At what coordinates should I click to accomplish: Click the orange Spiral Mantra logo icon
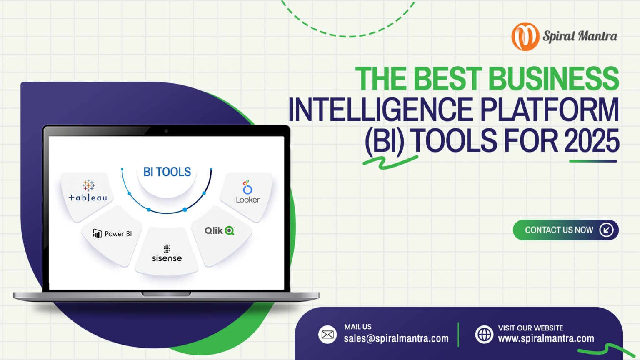click(525, 37)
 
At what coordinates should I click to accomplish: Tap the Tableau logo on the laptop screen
click(88, 191)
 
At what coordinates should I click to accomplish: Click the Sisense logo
click(167, 253)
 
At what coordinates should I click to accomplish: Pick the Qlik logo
click(220, 230)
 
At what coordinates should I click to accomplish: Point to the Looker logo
click(247, 192)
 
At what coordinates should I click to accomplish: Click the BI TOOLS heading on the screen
click(167, 172)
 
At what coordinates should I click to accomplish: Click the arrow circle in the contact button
click(606, 230)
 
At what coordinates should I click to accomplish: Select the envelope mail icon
click(327, 335)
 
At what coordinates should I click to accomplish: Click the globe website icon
click(484, 335)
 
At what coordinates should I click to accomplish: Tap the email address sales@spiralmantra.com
click(396, 339)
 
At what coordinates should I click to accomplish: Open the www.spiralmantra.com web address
click(546, 339)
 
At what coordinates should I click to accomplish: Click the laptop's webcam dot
click(166, 131)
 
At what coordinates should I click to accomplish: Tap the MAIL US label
click(358, 327)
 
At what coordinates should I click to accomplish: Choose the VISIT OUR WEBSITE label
click(530, 328)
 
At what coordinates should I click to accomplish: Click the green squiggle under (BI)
click(390, 162)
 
